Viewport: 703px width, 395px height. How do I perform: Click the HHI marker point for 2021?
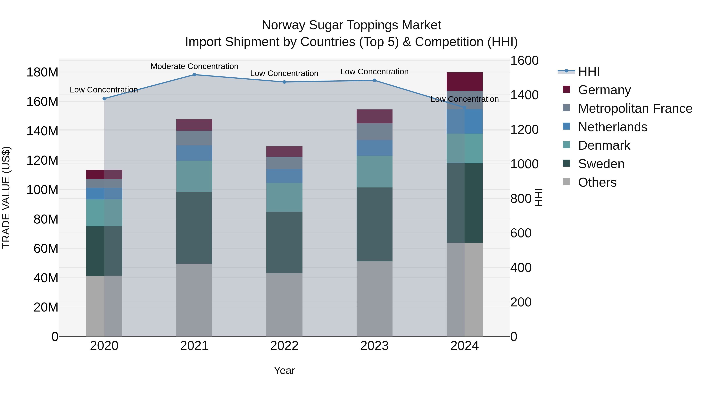point(194,75)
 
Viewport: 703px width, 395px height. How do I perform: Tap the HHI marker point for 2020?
point(104,99)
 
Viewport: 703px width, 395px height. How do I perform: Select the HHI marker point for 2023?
point(374,80)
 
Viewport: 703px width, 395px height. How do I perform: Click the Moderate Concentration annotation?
point(194,66)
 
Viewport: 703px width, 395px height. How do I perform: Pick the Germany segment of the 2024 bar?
point(465,82)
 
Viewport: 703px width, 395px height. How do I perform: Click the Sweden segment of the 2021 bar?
point(194,228)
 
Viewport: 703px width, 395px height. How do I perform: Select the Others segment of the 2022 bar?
point(284,304)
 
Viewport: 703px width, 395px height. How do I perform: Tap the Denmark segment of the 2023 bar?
point(374,172)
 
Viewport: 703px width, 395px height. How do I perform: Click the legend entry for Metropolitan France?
point(635,108)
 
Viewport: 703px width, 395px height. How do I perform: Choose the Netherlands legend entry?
point(612,127)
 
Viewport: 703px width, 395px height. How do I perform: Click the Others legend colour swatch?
point(567,182)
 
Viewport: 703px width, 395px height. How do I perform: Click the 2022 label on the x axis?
point(284,346)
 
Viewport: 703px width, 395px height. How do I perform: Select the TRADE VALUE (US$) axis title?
point(6,198)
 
